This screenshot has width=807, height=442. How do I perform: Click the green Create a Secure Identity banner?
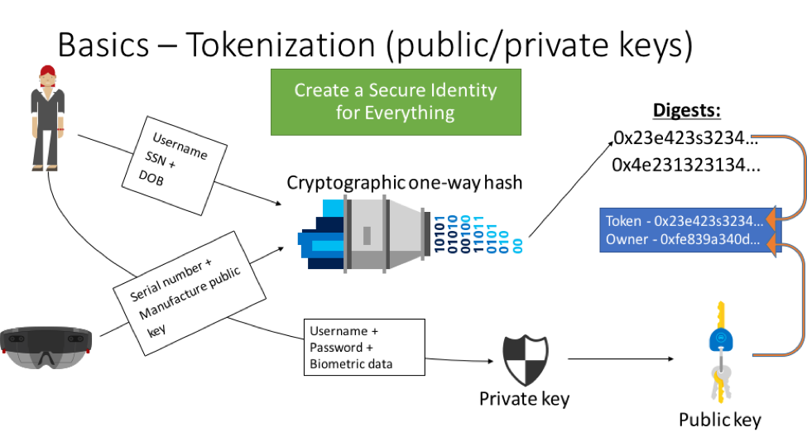tap(396, 101)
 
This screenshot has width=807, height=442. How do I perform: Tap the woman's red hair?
tap(48, 72)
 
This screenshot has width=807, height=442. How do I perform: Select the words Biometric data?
tap(351, 364)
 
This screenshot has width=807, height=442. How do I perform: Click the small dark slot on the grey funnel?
tap(367, 235)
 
